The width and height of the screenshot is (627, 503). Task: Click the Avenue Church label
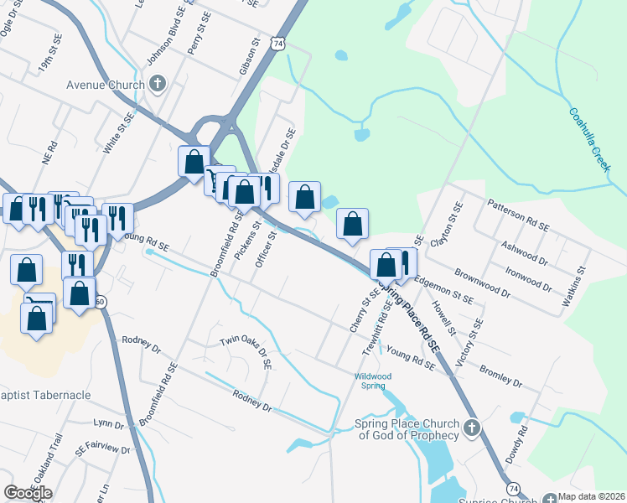tap(104, 84)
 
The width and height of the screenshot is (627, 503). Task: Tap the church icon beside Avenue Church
tap(158, 84)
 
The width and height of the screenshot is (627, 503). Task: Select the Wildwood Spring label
tap(373, 381)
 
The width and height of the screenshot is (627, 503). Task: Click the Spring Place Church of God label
tap(409, 429)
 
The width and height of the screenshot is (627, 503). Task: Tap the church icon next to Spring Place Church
tap(471, 429)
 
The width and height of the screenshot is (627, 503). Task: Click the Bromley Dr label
tap(500, 376)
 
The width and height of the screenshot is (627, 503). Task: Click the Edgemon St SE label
tap(444, 290)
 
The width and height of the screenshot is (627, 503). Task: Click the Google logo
tap(28, 493)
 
